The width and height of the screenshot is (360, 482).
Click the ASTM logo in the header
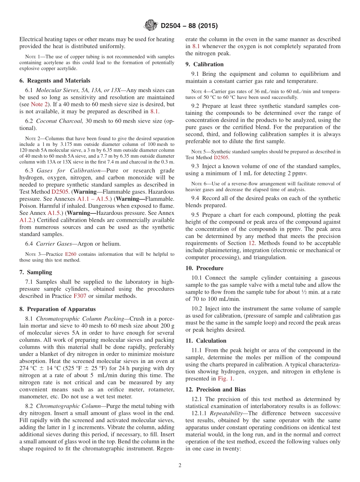[150, 26]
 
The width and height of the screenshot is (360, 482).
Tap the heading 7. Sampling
[36, 272]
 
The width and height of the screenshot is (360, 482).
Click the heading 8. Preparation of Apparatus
[57, 309]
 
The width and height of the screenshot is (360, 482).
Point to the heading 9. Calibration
[204, 64]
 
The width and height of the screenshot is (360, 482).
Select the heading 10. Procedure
[204, 268]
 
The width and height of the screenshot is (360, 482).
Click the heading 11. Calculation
[206, 341]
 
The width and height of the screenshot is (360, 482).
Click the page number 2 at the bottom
[180, 465]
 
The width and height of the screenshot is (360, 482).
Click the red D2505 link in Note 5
[221, 157]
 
